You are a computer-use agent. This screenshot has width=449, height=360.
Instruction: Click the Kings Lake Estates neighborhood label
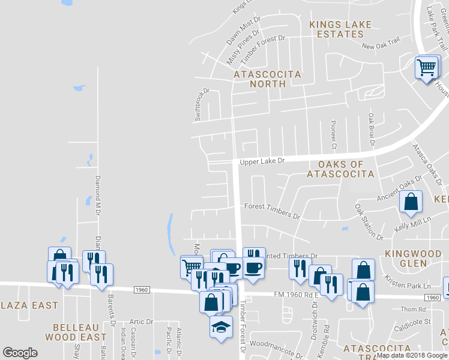click(x=340, y=29)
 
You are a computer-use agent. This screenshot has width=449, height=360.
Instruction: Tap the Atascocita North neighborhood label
click(x=267, y=79)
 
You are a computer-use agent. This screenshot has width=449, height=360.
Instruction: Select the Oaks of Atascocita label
click(x=340, y=169)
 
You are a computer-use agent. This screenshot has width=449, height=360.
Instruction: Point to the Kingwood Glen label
click(x=414, y=258)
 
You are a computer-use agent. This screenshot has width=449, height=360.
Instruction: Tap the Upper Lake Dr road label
click(x=261, y=162)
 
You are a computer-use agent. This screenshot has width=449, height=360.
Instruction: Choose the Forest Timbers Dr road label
click(x=271, y=210)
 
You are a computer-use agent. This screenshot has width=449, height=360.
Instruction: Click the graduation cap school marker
click(x=220, y=327)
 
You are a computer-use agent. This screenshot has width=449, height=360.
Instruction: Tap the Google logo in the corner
click(x=20, y=353)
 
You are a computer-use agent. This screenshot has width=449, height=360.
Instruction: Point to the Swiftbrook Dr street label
click(x=202, y=106)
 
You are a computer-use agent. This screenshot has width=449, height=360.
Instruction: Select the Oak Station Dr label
click(x=368, y=221)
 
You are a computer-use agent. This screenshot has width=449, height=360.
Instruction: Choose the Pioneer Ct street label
click(x=334, y=134)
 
